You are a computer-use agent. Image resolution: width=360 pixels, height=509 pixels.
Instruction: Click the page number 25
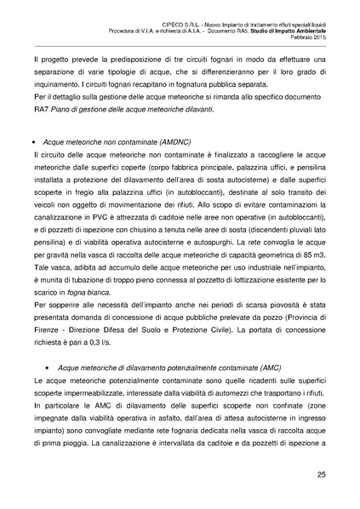[x=322, y=474]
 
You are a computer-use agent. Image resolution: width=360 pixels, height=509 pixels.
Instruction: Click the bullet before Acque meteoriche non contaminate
[x=33, y=146]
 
